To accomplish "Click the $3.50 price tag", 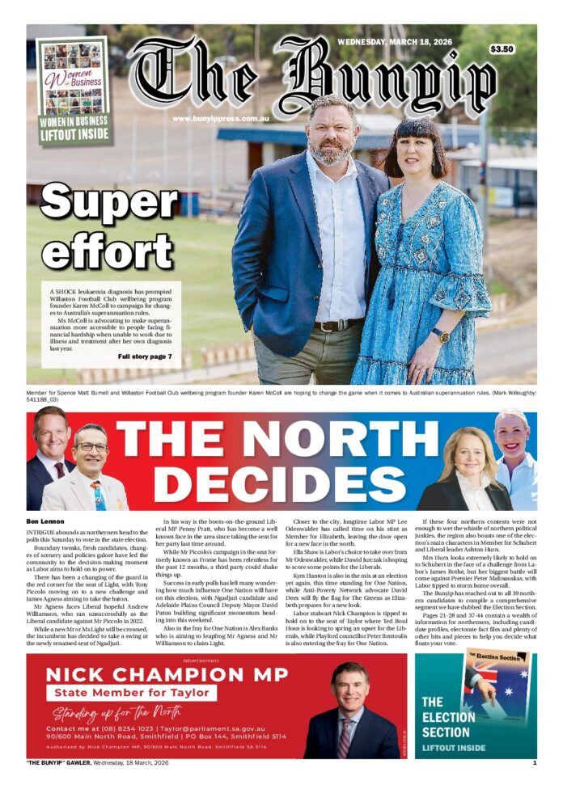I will [x=502, y=49].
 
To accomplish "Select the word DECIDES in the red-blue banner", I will [x=266, y=486].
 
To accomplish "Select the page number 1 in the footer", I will [x=534, y=762].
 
